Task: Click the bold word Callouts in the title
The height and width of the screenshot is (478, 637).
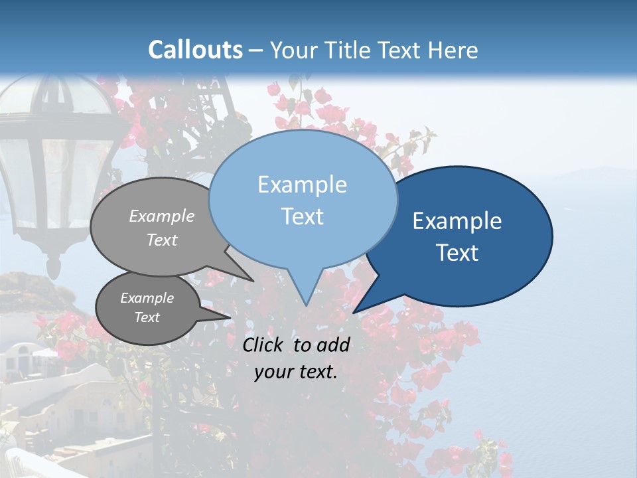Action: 195,50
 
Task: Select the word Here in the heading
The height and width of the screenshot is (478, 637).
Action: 454,50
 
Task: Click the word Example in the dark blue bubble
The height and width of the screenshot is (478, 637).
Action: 457,221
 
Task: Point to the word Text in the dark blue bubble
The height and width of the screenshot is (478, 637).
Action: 457,253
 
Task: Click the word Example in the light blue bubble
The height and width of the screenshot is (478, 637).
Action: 302,185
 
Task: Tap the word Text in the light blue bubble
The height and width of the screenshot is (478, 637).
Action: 302,216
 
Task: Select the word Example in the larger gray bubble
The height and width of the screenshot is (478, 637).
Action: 162,216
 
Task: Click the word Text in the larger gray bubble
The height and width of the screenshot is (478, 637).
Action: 162,240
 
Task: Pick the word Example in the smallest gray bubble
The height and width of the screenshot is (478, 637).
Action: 147,298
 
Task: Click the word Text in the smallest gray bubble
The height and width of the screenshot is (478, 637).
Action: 147,317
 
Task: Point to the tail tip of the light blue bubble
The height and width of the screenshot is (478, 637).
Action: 306,304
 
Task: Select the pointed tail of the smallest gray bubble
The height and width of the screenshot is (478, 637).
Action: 229,318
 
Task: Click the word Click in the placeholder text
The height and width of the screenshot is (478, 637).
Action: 264,345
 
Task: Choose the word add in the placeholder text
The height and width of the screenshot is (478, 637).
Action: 333,345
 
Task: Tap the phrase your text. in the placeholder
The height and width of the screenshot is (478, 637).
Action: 296,372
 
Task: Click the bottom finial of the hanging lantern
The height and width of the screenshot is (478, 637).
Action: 53,268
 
